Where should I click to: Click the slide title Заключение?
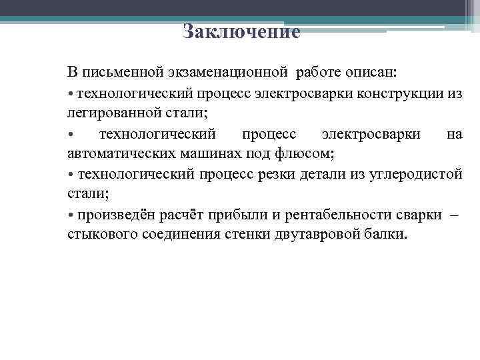[x=241, y=32]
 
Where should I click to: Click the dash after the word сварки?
[x=454, y=215]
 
